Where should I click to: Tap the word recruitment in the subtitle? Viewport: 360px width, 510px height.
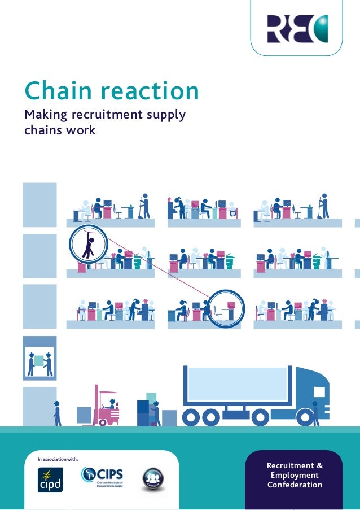coord(110,115)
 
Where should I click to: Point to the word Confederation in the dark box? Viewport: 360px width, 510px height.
coord(295,485)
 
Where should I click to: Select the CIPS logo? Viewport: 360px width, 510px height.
coord(102,477)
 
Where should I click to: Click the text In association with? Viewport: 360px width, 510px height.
coord(58,460)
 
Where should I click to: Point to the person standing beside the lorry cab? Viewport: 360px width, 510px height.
coord(315,412)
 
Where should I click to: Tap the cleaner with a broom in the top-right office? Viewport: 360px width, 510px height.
coord(324,206)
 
